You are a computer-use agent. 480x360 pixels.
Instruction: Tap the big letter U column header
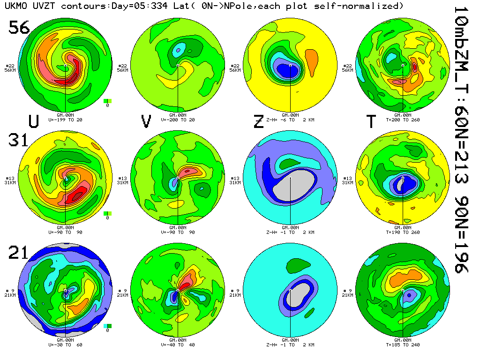33,121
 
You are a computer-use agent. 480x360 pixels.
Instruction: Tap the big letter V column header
146,121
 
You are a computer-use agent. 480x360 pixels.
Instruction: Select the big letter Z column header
258,121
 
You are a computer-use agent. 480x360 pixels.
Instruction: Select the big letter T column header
371,121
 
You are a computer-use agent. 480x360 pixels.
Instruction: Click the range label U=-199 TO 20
66,120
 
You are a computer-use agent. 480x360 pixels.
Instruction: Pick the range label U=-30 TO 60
66,345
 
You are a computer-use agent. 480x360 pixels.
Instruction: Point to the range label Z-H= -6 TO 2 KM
291,120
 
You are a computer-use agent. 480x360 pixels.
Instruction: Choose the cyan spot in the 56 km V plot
178,48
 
